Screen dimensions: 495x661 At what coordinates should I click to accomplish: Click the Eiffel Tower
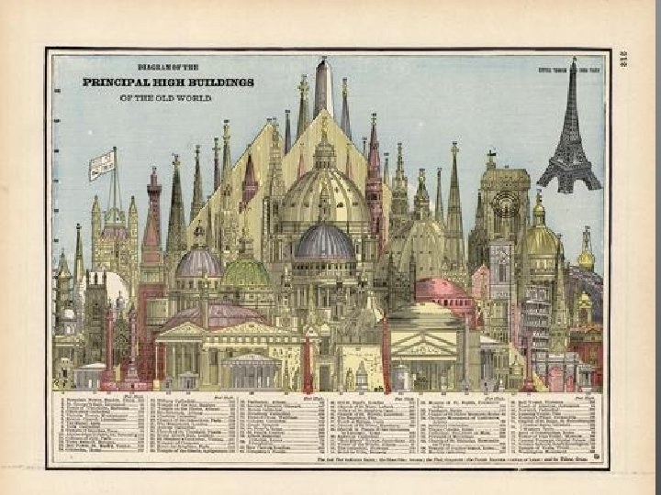pos(570,137)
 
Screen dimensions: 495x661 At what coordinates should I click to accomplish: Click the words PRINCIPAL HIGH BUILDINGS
pos(168,82)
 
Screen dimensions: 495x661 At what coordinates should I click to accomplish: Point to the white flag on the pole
pos(101,165)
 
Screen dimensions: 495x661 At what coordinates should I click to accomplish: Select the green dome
pos(247,272)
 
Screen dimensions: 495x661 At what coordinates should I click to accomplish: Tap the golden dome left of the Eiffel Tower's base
pos(540,241)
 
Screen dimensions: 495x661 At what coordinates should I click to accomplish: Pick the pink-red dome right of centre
pos(442,292)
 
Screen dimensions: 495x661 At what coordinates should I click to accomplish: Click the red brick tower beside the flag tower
pos(151,229)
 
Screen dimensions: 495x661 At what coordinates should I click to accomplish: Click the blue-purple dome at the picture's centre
pos(325,244)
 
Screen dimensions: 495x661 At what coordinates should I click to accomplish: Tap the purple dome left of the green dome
pos(198,263)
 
